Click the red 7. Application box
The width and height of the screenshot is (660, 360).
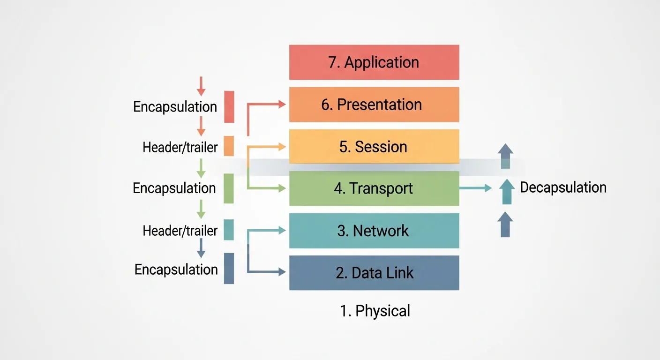click(x=374, y=62)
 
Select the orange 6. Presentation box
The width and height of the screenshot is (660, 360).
click(x=374, y=105)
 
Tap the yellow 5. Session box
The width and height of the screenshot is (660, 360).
click(x=374, y=147)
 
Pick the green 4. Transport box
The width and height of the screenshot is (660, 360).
click(x=374, y=188)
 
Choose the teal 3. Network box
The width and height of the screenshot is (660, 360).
click(x=374, y=231)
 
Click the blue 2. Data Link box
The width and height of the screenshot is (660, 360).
click(x=374, y=273)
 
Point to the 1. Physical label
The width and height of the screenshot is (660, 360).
click(x=375, y=311)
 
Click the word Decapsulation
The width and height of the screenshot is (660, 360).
click(x=563, y=187)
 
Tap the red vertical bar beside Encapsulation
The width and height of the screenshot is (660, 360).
click(x=229, y=107)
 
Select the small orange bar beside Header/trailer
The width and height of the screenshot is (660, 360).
click(x=229, y=146)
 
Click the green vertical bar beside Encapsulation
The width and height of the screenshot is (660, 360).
click(x=229, y=188)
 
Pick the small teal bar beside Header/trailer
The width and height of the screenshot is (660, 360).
click(x=229, y=230)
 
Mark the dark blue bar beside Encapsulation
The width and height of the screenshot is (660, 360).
click(x=229, y=269)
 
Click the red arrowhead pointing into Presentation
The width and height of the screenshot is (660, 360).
click(x=282, y=105)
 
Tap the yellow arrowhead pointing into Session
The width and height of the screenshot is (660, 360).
click(x=282, y=147)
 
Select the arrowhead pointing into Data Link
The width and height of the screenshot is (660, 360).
click(x=282, y=271)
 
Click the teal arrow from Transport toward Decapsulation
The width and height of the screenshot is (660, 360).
click(x=475, y=188)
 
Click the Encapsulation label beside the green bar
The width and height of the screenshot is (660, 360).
click(x=174, y=188)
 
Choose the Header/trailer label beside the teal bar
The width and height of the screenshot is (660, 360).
click(x=180, y=231)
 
